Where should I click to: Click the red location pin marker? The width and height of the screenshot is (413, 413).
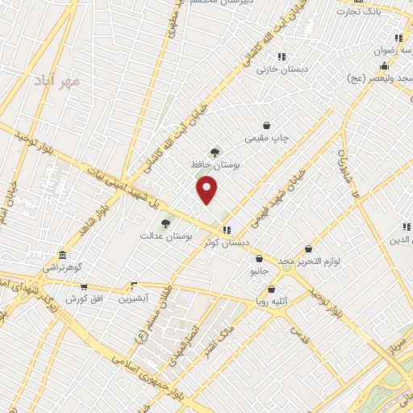[x=207, y=190]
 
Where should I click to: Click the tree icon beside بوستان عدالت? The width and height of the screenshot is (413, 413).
[x=165, y=223]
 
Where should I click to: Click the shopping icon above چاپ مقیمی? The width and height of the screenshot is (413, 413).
[x=266, y=125]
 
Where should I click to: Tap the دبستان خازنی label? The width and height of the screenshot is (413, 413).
[x=279, y=69]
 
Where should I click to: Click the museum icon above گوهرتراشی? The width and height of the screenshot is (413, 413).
[x=62, y=254]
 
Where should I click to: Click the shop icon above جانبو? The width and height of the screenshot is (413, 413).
[x=259, y=259]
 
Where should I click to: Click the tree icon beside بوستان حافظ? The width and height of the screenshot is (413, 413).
[x=215, y=151]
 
